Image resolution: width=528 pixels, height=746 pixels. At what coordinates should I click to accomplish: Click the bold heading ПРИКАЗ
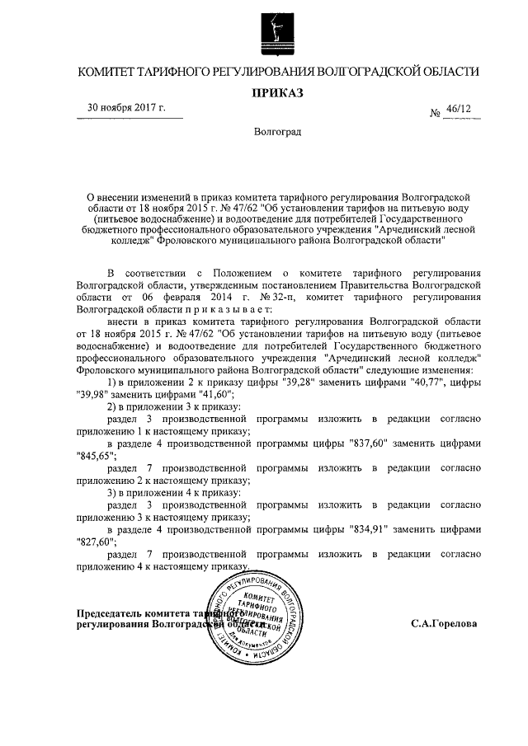277,92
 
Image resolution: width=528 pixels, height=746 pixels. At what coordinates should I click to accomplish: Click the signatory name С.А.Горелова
444,624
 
